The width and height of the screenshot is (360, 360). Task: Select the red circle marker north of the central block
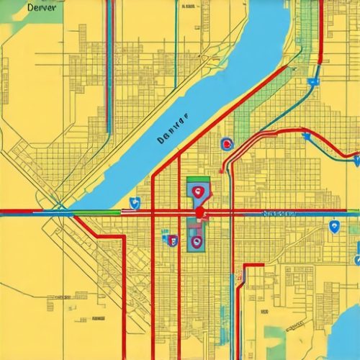pos(227,145)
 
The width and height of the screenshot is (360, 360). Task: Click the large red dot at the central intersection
pos(199,213)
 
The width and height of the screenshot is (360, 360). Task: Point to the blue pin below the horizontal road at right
pos(333,227)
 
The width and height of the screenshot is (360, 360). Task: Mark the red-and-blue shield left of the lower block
pos(171,239)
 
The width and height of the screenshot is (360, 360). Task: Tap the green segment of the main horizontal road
pos(94,212)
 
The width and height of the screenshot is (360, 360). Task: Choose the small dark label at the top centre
pos(189,6)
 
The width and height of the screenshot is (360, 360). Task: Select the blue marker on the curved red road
pos(305,135)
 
